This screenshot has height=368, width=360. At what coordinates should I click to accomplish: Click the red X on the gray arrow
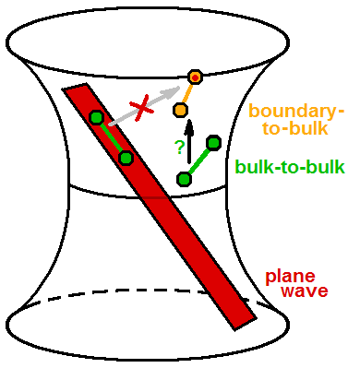pyautogui.click(x=142, y=110)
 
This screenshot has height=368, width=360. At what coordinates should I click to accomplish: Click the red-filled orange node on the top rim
pyautogui.click(x=195, y=77)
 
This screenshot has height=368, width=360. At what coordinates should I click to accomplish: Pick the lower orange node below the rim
pyautogui.click(x=181, y=110)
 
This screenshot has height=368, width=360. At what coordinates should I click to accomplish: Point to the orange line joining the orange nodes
pyautogui.click(x=188, y=93)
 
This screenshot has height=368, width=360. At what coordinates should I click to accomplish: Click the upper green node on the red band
pyautogui.click(x=96, y=117)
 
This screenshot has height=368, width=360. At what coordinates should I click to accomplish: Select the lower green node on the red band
pyautogui.click(x=126, y=158)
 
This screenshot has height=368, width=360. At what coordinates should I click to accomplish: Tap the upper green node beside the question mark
pyautogui.click(x=214, y=142)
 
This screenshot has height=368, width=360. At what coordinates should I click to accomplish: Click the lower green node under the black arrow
pyautogui.click(x=185, y=178)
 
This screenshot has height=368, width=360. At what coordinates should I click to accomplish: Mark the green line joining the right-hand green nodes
pyautogui.click(x=199, y=160)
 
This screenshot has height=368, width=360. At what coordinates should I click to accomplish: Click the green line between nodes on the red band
pyautogui.click(x=111, y=137)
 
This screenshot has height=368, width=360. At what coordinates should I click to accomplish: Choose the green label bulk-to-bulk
pyautogui.click(x=290, y=168)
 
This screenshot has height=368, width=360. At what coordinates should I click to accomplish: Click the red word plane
pyautogui.click(x=290, y=276)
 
